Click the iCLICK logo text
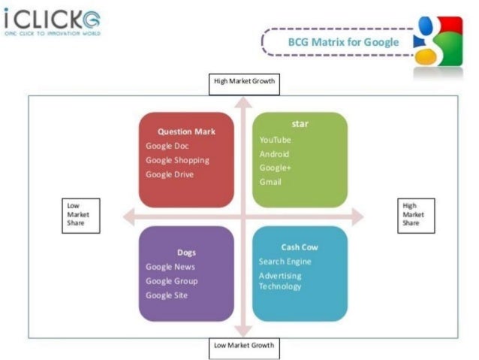pyautogui.click(x=52, y=19)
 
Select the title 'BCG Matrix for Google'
pyautogui.click(x=343, y=42)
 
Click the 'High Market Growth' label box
pyautogui.click(x=243, y=82)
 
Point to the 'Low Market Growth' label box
pyautogui.click(x=243, y=346)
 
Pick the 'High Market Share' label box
pyautogui.click(x=415, y=214)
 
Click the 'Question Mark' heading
pyautogui.click(x=186, y=132)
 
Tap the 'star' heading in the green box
pyautogui.click(x=300, y=123)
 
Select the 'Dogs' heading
pyautogui.click(x=186, y=253)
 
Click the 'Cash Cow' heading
pyautogui.click(x=300, y=247)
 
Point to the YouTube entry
pyautogui.click(x=276, y=140)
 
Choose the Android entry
pyautogui.click(x=274, y=154)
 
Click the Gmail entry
pyautogui.click(x=270, y=182)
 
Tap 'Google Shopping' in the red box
pyautogui.click(x=177, y=160)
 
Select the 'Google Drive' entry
pyautogui.click(x=170, y=174)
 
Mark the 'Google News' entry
pyautogui.click(x=170, y=267)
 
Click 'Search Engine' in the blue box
pyautogui.click(x=285, y=262)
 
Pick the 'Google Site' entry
pyautogui.click(x=167, y=295)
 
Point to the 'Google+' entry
pyautogui.click(x=275, y=168)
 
